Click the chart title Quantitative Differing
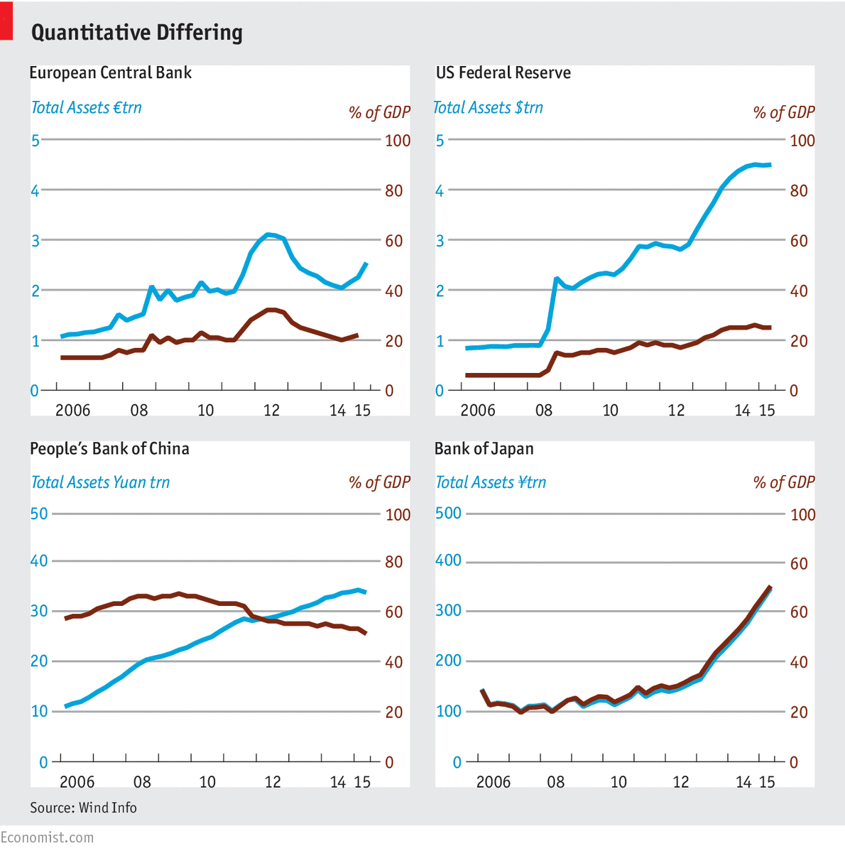click(x=137, y=33)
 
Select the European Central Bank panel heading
click(x=111, y=73)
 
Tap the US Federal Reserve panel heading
click(x=503, y=73)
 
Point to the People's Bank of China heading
click(x=109, y=449)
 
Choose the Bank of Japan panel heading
click(x=484, y=449)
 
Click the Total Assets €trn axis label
click(x=87, y=108)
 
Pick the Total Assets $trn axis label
click(x=489, y=108)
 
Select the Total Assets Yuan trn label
click(x=100, y=483)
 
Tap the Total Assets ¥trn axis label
click(x=491, y=483)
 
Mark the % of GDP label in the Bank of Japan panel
click(x=784, y=483)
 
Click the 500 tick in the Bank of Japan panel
click(x=448, y=514)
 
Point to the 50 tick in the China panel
click(x=39, y=514)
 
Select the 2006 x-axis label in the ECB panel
click(x=73, y=411)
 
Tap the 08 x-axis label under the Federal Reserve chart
click(x=544, y=411)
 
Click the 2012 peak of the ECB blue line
click(x=268, y=234)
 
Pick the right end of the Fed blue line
click(x=770, y=165)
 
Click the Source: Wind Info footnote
click(x=83, y=808)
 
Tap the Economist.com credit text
click(x=47, y=838)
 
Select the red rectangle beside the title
click(x=6, y=21)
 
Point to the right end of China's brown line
click(x=366, y=633)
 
